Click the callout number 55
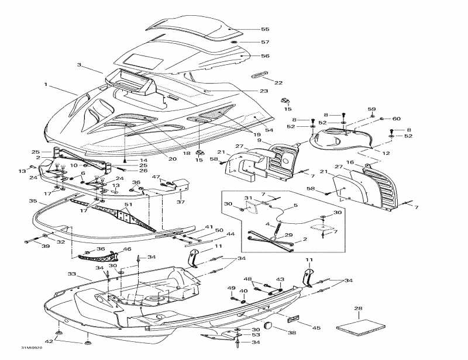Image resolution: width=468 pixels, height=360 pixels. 265,29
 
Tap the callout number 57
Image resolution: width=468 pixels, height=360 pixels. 265,42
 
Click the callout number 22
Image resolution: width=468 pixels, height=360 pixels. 278,82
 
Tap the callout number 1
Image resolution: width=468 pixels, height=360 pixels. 45,84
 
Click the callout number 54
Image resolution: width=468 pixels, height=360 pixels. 270,129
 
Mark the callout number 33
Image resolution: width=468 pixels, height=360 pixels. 72,274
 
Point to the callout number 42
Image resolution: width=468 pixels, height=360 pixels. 49,341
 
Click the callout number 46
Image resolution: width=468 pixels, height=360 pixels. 127,249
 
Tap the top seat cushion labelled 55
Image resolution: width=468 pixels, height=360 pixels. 193,27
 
